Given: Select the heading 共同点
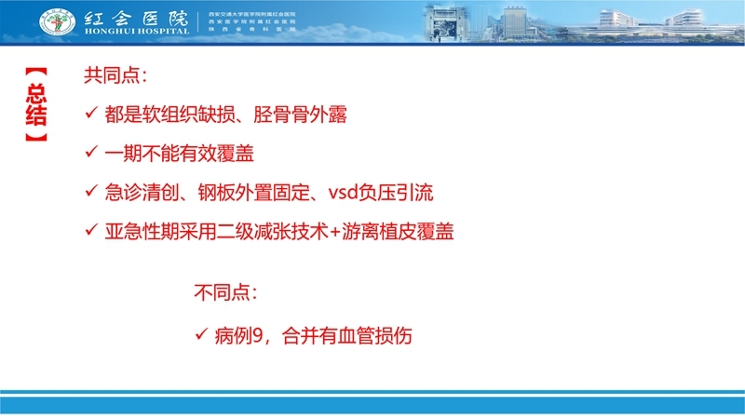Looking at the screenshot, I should point(115,74).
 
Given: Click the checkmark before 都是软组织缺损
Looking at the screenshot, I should point(91,115).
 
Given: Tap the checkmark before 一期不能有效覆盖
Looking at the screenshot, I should point(91,153).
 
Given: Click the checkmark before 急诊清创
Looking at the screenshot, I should point(91,192).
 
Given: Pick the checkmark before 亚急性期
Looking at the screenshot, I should point(91,232).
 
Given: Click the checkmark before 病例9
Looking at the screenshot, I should point(201,334).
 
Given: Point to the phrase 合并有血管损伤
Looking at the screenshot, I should point(345,334).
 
